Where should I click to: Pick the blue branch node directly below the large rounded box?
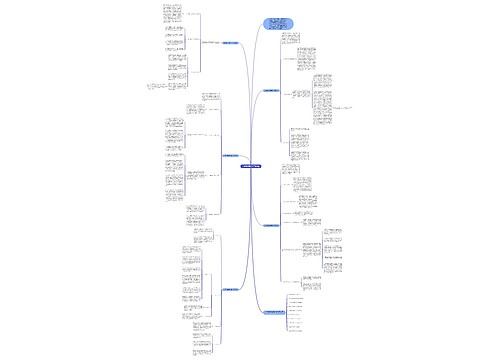(x=269, y=90)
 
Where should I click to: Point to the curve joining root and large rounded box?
(x=257, y=110)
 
